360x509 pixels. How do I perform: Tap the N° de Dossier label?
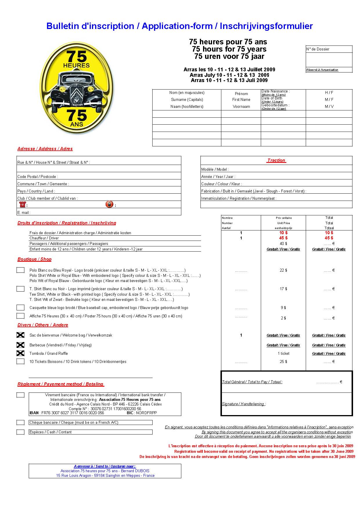(x=318, y=49)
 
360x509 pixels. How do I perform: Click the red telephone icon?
(x=22, y=204)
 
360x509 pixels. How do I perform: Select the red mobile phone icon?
(x=109, y=204)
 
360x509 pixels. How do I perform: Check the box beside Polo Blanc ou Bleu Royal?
(x=20, y=270)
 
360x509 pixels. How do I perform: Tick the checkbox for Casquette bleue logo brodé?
(x=20, y=308)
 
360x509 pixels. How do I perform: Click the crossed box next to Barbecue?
(x=20, y=345)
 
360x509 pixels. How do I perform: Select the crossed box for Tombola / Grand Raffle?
(x=20, y=353)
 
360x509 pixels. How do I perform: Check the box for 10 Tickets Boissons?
(x=20, y=361)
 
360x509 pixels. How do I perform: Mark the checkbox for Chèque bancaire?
(x=20, y=423)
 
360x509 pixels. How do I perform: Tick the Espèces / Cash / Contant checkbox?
(x=20, y=432)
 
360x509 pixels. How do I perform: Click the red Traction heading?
(x=276, y=160)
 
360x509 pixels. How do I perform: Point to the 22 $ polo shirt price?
(x=283, y=270)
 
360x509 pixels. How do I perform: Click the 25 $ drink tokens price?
(x=283, y=361)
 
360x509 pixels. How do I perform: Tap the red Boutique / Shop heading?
(x=34, y=259)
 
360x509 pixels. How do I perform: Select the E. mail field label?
(x=24, y=212)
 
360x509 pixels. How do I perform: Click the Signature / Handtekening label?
(x=244, y=404)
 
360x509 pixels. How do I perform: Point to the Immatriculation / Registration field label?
(x=239, y=199)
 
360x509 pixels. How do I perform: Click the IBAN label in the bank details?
(x=34, y=413)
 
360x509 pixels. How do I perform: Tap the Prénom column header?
(x=241, y=94)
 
